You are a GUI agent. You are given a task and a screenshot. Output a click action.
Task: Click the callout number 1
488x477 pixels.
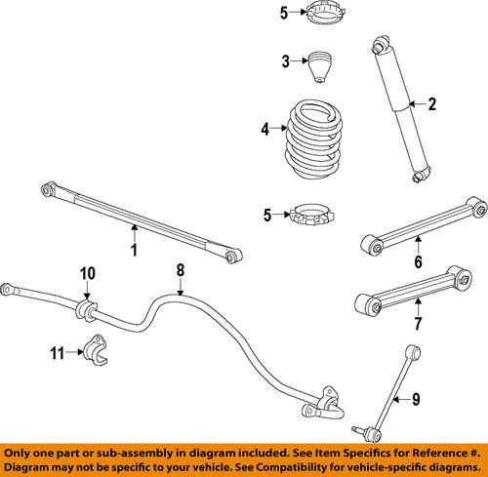[135, 252]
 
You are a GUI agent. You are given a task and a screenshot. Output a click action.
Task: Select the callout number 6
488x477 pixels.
[418, 262]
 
